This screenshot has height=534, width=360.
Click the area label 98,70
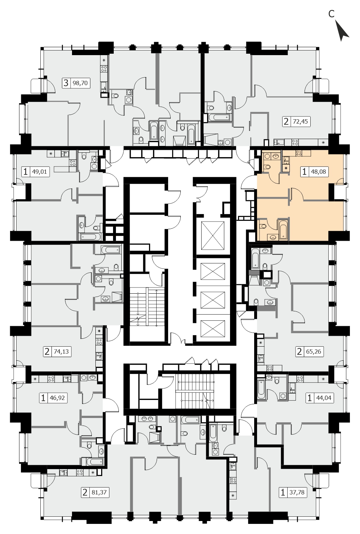[x=80, y=83]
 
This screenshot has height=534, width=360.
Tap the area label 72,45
[x=300, y=121]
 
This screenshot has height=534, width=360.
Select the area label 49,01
[x=40, y=172]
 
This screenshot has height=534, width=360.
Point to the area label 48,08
[x=319, y=172]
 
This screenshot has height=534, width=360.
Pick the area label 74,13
[x=61, y=351]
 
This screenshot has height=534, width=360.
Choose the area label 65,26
[x=314, y=351]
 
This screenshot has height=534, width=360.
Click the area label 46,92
[x=57, y=398]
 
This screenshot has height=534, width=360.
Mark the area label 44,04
[x=324, y=398]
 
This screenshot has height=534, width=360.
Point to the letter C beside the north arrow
[x=332, y=14]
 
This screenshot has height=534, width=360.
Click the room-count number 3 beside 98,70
[x=66, y=83]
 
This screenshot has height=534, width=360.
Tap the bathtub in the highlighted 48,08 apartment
[x=283, y=229]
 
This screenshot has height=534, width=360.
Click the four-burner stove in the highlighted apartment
[x=299, y=153]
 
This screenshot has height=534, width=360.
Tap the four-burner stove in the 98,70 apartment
[x=104, y=69]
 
